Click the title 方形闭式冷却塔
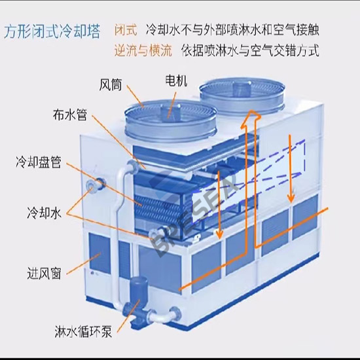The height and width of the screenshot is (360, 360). point(52,31)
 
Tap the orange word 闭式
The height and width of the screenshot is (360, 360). point(126,30)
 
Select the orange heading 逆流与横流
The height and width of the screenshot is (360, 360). point(143,50)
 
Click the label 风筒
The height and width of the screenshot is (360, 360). point(110,85)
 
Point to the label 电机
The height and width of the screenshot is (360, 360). point(176,81)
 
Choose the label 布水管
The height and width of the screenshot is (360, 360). point(70,115)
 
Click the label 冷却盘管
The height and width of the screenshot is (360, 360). point(39,162)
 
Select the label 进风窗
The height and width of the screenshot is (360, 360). point(44,273)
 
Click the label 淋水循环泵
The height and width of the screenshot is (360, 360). point(83,331)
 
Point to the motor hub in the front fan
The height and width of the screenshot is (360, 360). point(170,111)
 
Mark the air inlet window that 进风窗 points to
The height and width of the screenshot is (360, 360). point(99,253)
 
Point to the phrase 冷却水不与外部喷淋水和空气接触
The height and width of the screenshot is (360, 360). point(232,30)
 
